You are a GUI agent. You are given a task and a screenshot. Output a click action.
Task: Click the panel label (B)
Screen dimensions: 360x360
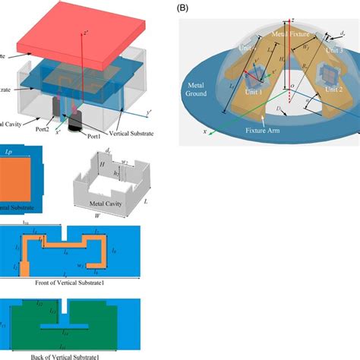click(182, 8)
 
